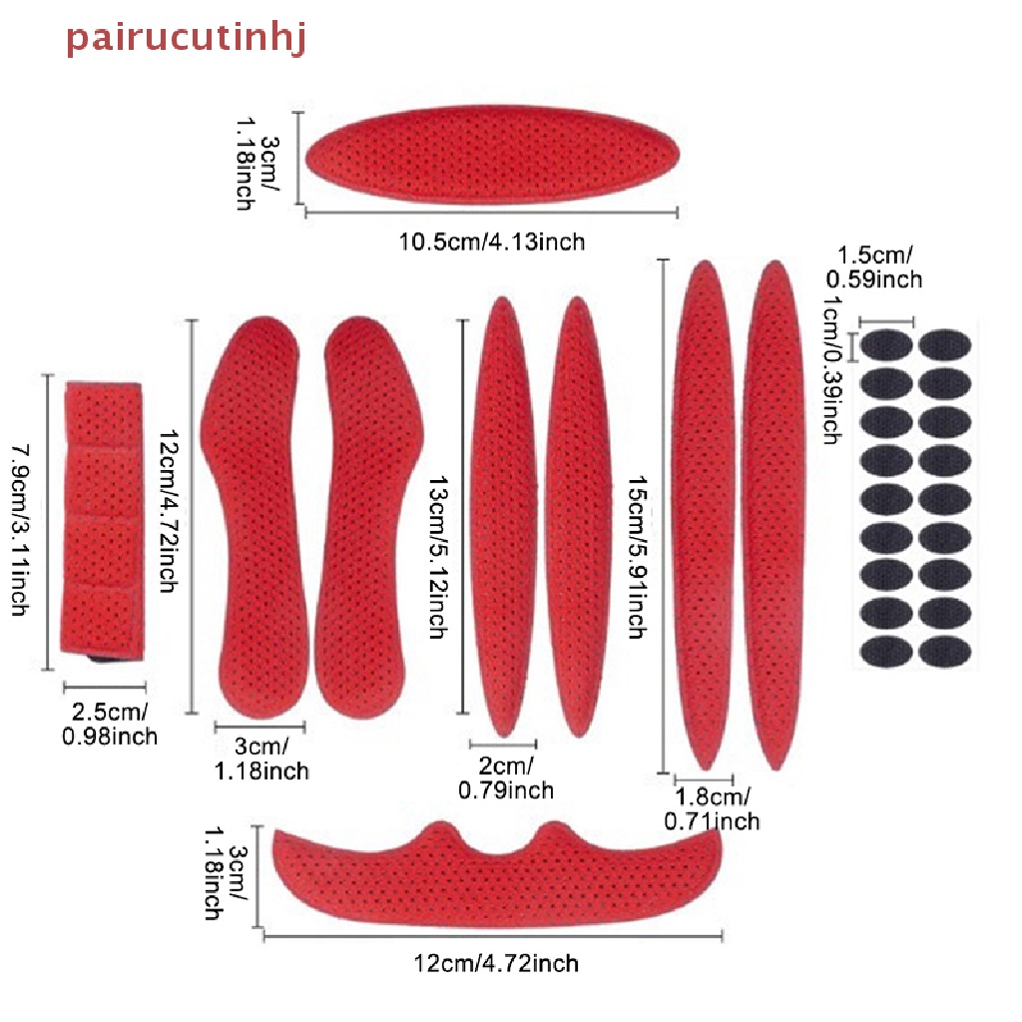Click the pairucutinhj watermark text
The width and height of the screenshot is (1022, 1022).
(x=187, y=39)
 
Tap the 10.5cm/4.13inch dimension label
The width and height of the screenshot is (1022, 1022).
(x=492, y=242)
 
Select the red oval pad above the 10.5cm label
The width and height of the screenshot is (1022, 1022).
(x=493, y=155)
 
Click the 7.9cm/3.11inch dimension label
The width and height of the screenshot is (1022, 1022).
(x=21, y=530)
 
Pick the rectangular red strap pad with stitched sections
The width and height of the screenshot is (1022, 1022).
(x=103, y=520)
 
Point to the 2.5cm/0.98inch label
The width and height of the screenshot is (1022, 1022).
(x=110, y=724)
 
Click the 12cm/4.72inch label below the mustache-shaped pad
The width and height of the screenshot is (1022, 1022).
(x=496, y=963)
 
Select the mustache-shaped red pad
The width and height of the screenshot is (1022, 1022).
(x=497, y=873)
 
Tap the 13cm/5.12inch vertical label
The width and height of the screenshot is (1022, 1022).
(x=439, y=556)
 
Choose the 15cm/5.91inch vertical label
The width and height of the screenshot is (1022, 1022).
(x=637, y=557)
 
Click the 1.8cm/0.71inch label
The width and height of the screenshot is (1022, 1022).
(x=712, y=808)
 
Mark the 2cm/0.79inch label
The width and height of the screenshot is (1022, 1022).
(x=506, y=777)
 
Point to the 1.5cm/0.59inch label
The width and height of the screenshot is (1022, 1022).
(x=874, y=266)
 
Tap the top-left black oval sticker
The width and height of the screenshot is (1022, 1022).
(x=886, y=344)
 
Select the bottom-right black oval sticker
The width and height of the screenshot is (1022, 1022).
(x=945, y=652)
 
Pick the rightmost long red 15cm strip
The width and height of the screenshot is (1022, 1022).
(x=773, y=515)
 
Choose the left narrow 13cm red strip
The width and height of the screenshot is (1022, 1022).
(x=504, y=516)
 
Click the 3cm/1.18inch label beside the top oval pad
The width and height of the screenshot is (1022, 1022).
(x=257, y=164)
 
